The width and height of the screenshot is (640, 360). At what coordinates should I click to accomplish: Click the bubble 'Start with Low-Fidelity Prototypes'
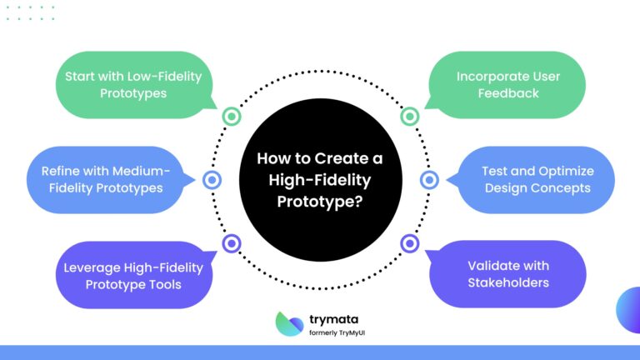[133, 84]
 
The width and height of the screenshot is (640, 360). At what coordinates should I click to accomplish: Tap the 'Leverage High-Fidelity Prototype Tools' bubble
[133, 276]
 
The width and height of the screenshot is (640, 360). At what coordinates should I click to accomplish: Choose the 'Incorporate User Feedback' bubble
[507, 84]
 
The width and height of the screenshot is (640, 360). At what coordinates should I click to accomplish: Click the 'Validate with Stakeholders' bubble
[507, 274]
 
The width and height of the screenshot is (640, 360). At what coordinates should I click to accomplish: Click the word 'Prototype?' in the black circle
[320, 201]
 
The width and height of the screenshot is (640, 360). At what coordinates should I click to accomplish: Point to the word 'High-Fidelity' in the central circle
[320, 179]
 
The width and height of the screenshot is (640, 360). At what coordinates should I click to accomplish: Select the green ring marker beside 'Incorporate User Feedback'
[409, 116]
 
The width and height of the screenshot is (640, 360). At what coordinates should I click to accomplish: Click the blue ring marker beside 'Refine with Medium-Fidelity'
[212, 179]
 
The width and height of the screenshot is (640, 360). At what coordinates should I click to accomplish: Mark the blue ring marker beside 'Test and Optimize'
[428, 179]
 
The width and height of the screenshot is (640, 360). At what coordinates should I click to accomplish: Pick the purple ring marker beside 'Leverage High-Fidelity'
[231, 243]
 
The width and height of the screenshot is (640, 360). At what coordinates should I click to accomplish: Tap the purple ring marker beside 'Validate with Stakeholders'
[409, 243]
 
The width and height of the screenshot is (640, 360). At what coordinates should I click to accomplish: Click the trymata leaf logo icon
[289, 323]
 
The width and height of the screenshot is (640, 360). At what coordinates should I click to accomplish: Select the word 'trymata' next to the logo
[332, 317]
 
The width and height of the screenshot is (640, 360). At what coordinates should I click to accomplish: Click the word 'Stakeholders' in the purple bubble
[507, 282]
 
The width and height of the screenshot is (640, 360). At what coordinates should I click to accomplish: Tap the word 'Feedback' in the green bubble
[507, 93]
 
